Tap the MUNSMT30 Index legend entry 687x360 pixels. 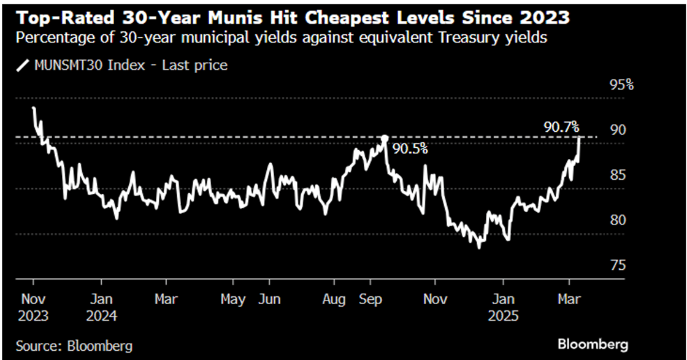coord(122,65)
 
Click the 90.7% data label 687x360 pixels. coord(561,128)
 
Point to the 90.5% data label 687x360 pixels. coord(410,148)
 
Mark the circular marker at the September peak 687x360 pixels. coord(385,139)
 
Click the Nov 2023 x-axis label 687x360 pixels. coord(34,308)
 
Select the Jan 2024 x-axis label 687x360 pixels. coord(101,308)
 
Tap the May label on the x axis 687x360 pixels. coord(233,300)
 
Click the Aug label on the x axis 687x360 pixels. coord(334,300)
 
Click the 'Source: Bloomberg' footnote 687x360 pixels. coord(74,346)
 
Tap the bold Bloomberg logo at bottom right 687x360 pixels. coord(593,344)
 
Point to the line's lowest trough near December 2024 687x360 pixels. coord(478,247)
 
